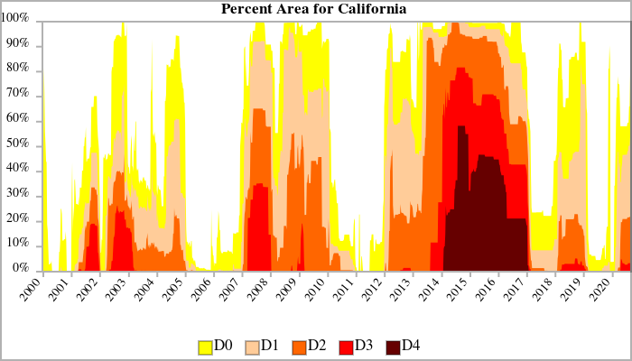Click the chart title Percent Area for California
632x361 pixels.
[x=314, y=9]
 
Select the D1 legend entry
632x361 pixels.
[x=263, y=346]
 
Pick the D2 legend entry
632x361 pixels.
[x=310, y=346]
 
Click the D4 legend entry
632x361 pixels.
[x=404, y=346]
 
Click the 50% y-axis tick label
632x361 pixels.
[x=19, y=144]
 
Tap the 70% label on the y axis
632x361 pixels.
[x=19, y=94]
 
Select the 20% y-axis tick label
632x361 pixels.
[x=19, y=219]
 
